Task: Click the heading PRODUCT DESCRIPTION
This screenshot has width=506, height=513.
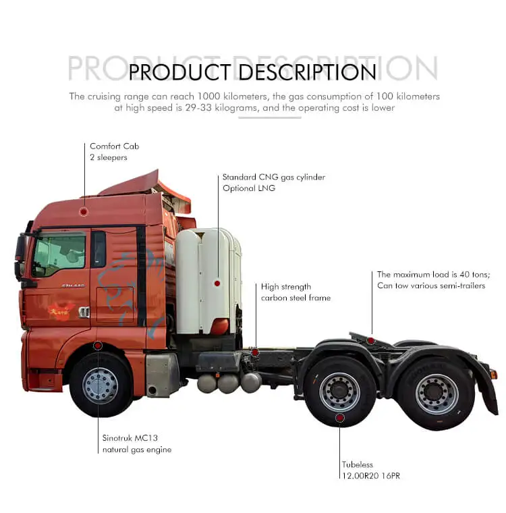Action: click(x=252, y=72)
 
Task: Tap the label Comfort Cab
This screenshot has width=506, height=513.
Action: click(x=115, y=146)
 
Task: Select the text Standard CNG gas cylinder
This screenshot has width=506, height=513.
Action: click(x=274, y=177)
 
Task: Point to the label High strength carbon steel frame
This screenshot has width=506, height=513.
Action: click(x=296, y=292)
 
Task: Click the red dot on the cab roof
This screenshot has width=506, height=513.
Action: click(x=84, y=211)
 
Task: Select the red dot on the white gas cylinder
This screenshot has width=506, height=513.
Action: click(x=217, y=283)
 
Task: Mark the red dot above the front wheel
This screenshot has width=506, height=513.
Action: click(x=98, y=346)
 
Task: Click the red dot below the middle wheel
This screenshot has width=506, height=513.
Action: click(x=340, y=418)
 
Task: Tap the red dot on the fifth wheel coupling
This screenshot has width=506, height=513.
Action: click(x=370, y=340)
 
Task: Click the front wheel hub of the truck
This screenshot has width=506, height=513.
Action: click(x=100, y=385)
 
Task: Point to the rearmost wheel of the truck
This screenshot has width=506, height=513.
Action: click(x=437, y=394)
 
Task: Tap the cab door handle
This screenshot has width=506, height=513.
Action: click(x=84, y=312)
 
